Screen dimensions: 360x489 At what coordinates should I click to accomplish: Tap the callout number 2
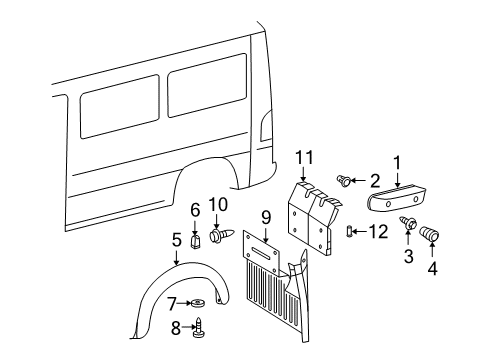[x=375, y=180]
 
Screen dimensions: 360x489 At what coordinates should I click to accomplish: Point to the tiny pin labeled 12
[x=350, y=232]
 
